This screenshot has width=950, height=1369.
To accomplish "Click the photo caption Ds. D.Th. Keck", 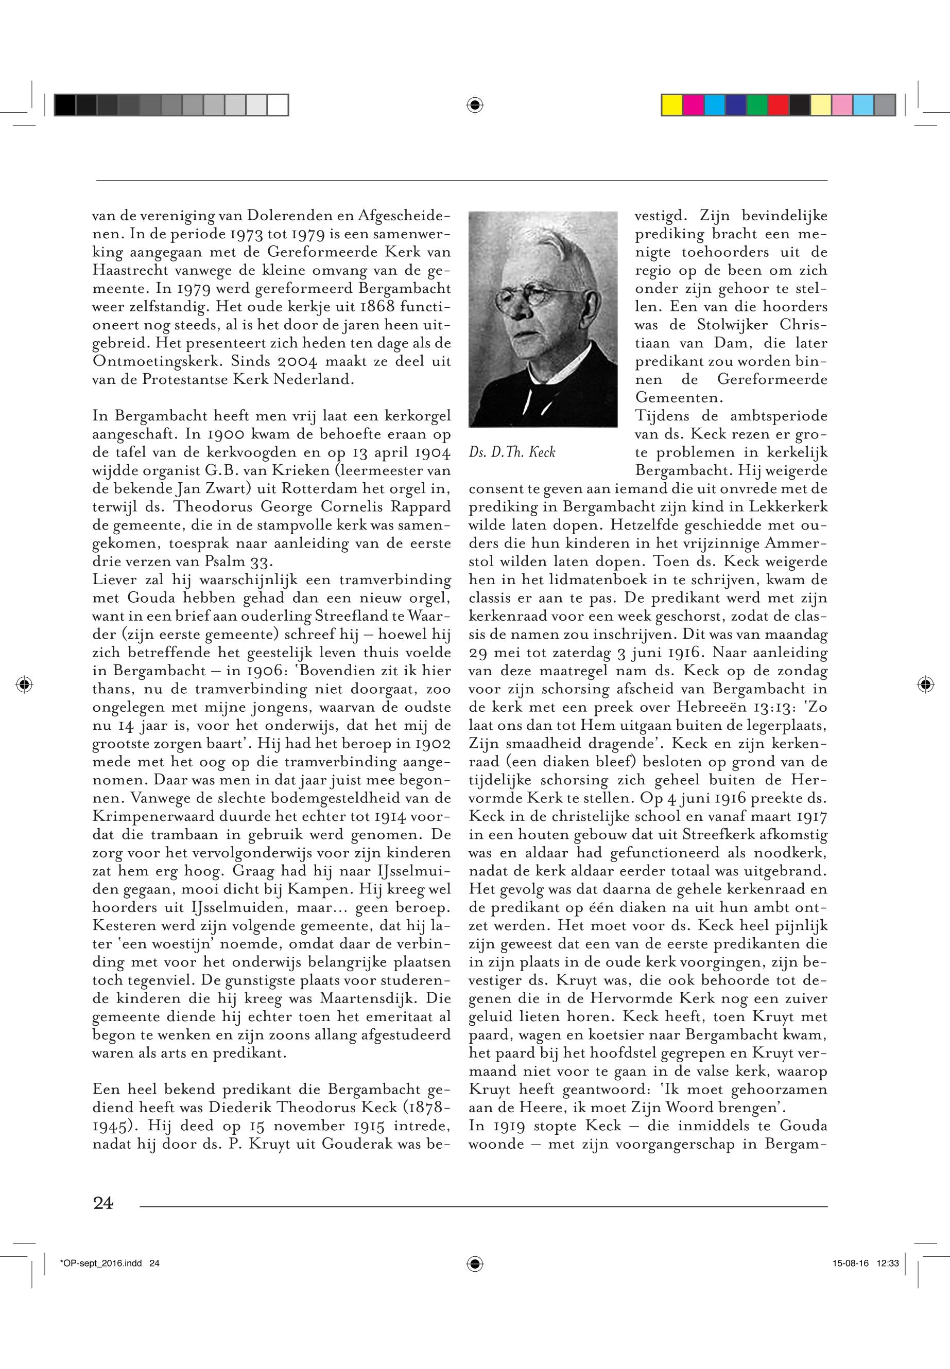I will [512, 452].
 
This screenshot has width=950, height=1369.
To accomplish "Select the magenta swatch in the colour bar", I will [694, 106].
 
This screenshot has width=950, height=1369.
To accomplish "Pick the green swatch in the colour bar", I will [757, 106].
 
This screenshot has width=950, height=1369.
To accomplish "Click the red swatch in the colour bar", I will [779, 106].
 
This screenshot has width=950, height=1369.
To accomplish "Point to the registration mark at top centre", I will [474, 106].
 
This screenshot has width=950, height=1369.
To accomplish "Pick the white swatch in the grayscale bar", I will [278, 106].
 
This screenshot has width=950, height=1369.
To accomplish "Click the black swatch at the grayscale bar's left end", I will [65, 106].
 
